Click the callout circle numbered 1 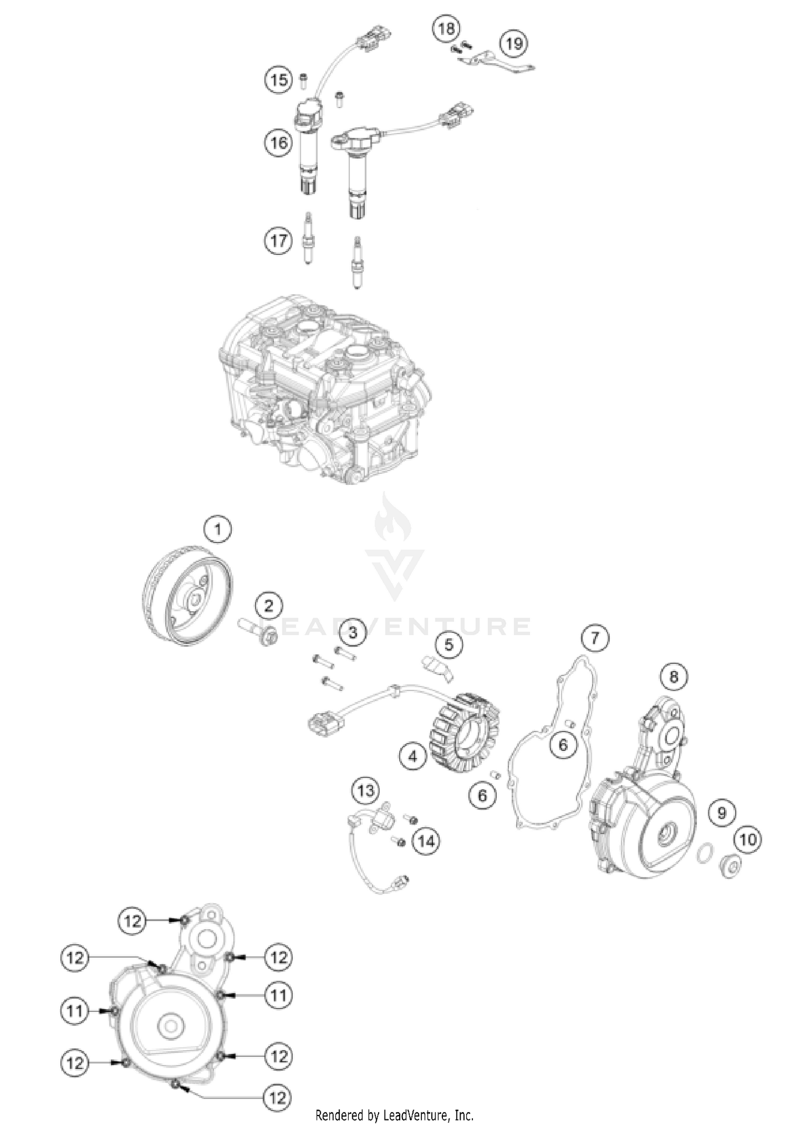pos(218,529)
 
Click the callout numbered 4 pos(412,756)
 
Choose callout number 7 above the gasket pos(595,638)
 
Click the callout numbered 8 pos(674,676)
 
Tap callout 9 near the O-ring pos(722,813)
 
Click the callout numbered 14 pos(426,841)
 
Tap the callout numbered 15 pos(279,80)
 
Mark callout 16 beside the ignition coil pos(279,142)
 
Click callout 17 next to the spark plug pos(279,241)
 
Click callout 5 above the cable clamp pos(449,644)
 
